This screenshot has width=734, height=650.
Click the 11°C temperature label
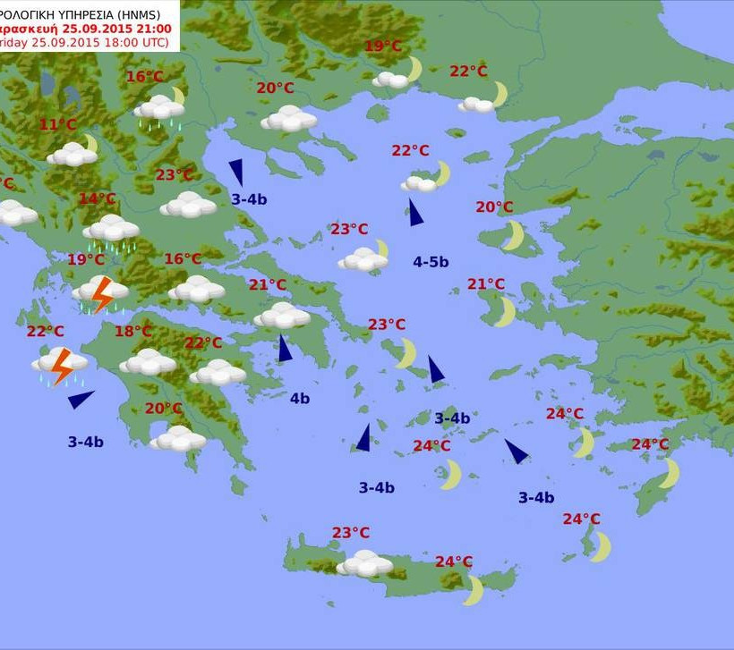click(58, 124)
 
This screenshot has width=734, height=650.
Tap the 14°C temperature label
click(98, 198)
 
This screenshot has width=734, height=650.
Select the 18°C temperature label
click(133, 332)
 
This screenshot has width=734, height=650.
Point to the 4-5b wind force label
click(431, 262)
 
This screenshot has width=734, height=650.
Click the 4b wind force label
click(300, 399)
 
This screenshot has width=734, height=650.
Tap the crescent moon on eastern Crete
click(474, 589)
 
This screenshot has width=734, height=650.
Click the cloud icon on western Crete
click(364, 563)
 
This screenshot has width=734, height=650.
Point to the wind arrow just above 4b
click(285, 349)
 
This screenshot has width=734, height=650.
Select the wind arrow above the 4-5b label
click(415, 213)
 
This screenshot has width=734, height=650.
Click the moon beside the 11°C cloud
click(90, 143)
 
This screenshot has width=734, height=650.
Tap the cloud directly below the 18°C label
click(148, 361)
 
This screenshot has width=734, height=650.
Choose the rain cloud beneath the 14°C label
click(111, 230)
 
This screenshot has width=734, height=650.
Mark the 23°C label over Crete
click(351, 533)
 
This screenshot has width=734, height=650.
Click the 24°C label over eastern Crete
click(454, 561)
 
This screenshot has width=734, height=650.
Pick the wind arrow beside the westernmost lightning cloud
click(81, 399)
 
